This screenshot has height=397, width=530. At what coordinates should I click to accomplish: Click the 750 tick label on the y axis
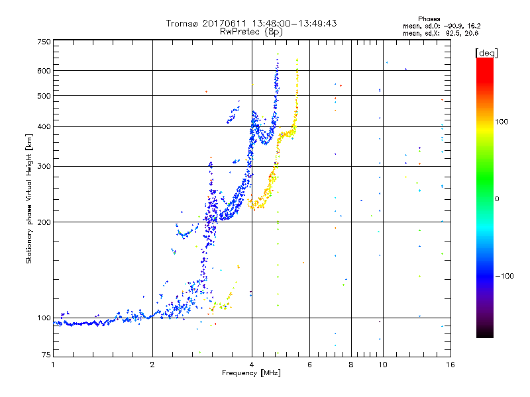(44, 42)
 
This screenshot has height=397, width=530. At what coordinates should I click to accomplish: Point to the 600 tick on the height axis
(44, 71)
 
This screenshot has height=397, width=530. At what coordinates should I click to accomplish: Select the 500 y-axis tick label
(44, 96)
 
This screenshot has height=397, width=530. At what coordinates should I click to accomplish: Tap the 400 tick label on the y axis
(44, 126)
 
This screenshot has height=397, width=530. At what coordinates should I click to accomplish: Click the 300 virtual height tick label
(44, 166)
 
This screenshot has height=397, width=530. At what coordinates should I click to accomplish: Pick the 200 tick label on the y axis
(44, 222)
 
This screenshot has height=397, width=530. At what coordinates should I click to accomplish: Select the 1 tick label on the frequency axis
(53, 364)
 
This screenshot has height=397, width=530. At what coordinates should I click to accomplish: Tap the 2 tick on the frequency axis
(152, 364)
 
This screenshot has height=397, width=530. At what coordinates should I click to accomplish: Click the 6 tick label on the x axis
(309, 364)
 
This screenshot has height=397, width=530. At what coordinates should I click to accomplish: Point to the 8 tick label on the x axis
(351, 364)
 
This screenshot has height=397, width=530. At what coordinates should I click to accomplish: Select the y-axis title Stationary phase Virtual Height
(29, 198)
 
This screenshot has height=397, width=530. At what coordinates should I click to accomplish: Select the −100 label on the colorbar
(506, 275)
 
